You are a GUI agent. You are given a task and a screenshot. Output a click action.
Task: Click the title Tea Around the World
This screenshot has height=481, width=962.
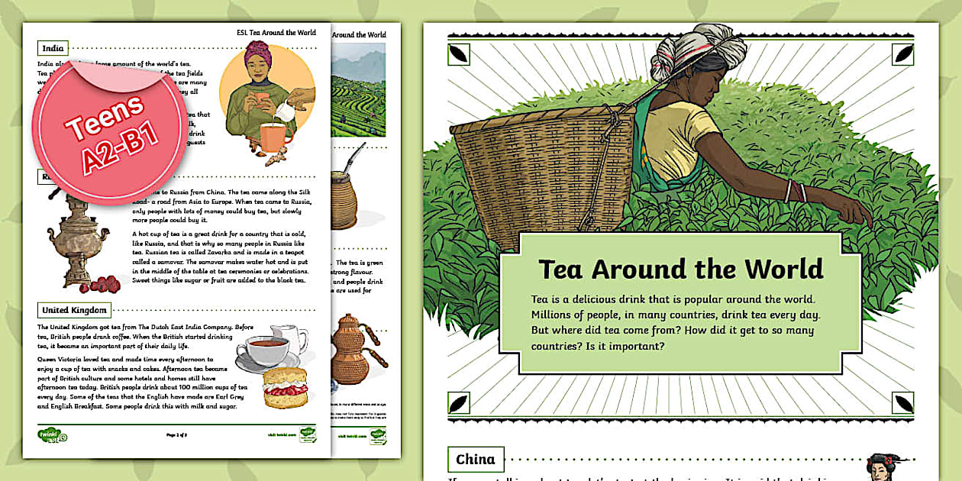[680, 270]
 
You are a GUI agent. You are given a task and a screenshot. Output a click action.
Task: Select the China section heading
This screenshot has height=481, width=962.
[475, 460]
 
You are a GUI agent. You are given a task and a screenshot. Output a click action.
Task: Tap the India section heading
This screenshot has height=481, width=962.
[53, 47]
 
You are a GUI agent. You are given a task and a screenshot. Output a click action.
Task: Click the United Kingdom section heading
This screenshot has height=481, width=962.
[75, 310]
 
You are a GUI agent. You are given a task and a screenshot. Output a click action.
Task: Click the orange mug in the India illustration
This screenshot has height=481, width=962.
[276, 139]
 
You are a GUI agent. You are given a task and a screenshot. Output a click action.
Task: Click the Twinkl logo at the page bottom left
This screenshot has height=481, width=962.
[52, 435]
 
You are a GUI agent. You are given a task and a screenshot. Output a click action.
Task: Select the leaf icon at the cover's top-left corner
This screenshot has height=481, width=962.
[459, 53]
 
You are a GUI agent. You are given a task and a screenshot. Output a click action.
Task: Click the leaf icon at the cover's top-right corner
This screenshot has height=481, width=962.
[903, 53]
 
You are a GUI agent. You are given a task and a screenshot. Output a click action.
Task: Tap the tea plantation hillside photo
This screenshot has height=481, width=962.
[359, 88]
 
